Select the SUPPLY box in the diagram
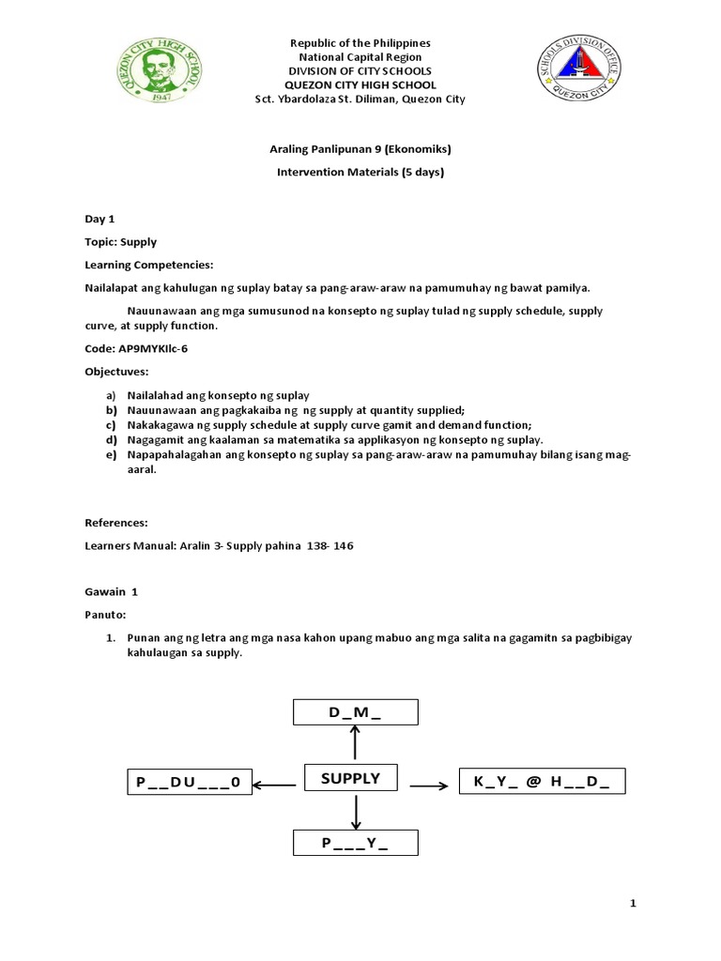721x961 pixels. click(350, 779)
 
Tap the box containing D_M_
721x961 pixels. click(355, 712)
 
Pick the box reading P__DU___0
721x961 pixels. click(190, 782)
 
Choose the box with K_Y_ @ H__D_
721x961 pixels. click(541, 781)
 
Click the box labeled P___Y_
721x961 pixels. click(355, 843)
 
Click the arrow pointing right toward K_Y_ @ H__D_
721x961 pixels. click(429, 784)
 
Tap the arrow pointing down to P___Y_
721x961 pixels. click(355, 812)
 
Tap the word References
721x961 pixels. click(116, 522)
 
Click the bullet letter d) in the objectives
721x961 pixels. click(110, 439)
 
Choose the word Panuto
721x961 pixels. click(105, 616)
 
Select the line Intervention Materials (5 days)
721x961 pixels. click(360, 173)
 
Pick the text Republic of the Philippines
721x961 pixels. click(360, 43)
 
